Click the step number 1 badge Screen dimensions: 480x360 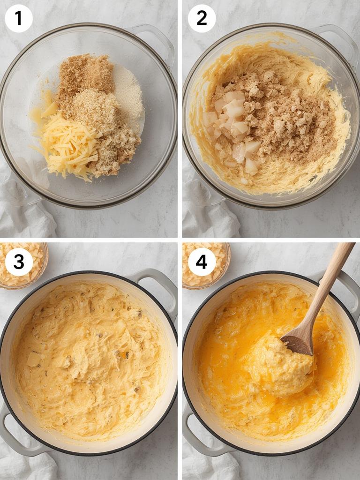18,18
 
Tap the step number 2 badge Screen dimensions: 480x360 202,18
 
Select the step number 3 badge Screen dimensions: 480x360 19,262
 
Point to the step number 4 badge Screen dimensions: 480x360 202,262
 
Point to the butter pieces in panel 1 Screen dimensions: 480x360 45,110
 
